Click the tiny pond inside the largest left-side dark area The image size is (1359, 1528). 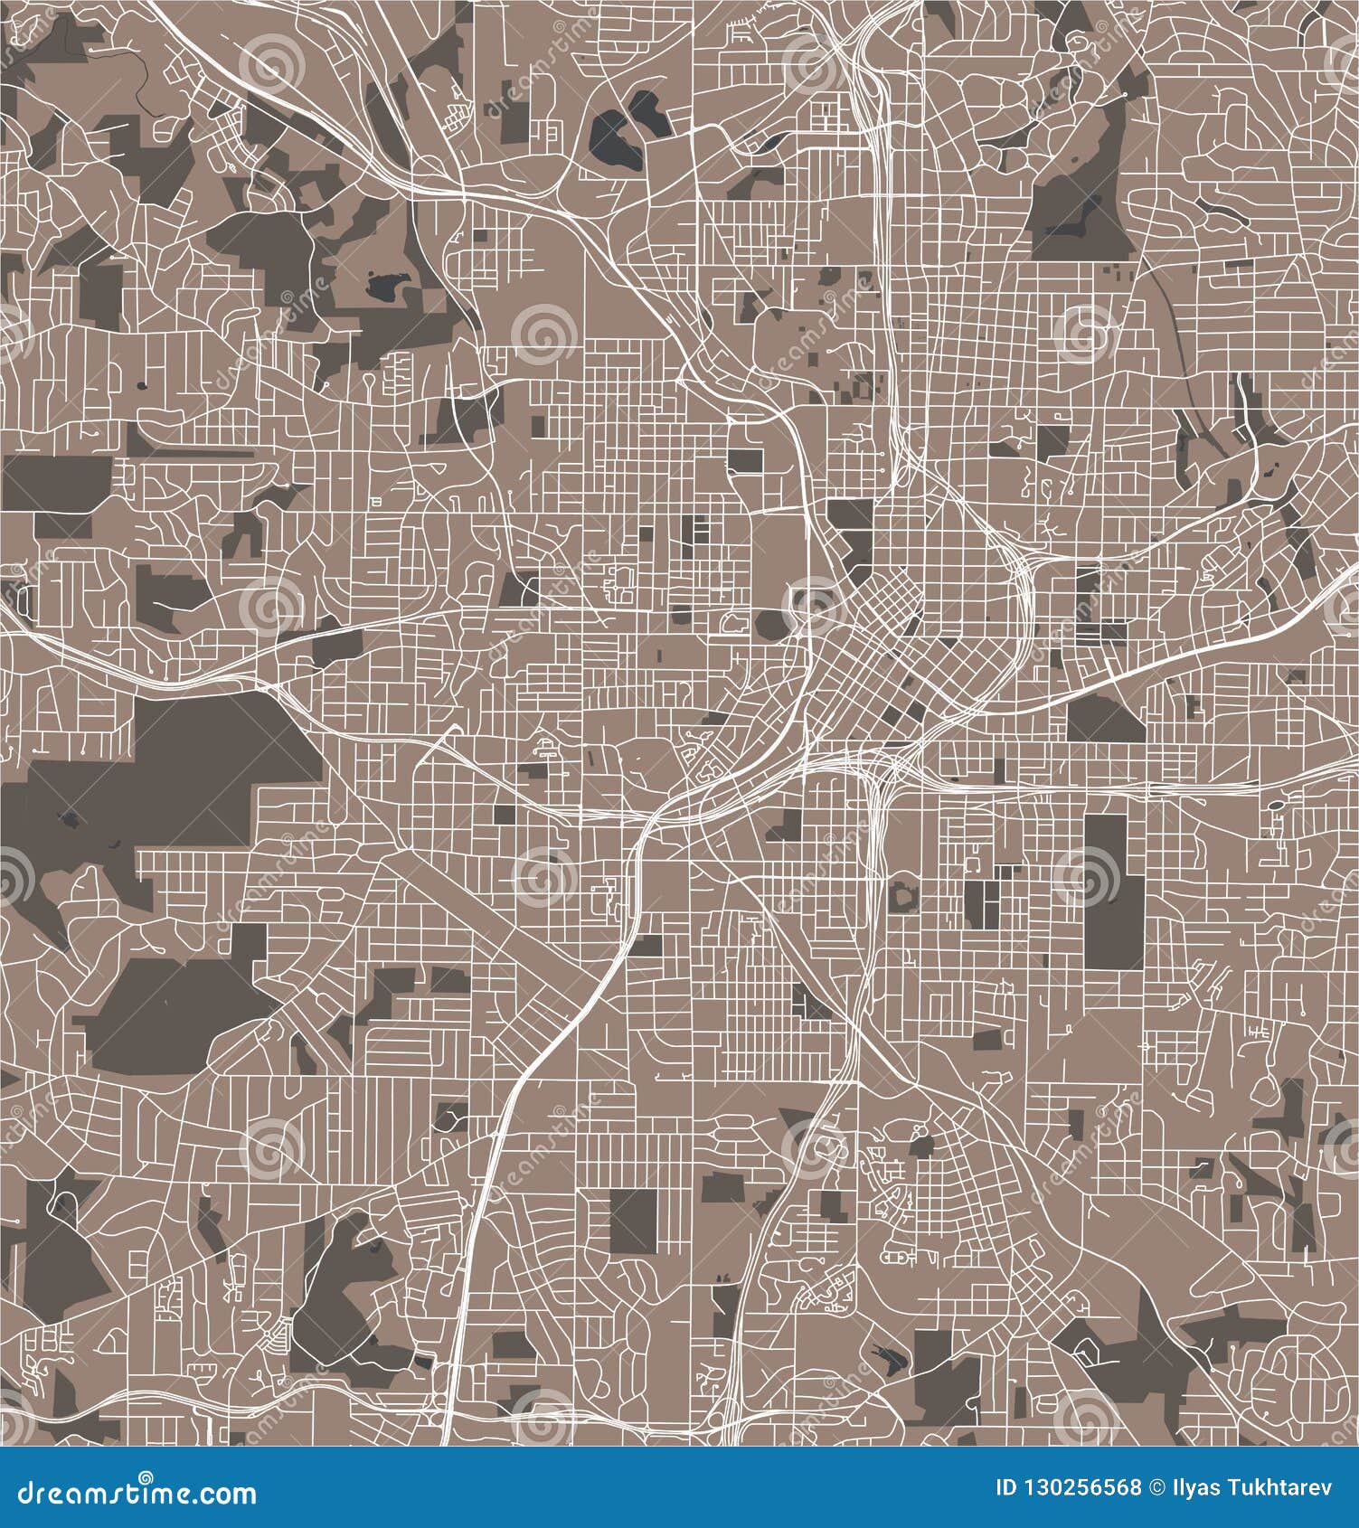point(68,820)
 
